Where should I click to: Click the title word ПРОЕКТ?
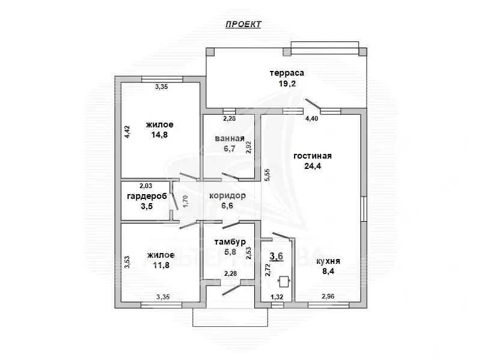244,24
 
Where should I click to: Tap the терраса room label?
287,73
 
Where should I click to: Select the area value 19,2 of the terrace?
287,84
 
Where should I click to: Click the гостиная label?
313,156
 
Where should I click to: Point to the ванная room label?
229,139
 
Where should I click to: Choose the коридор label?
227,196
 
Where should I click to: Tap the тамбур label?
228,242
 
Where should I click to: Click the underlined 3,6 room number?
277,256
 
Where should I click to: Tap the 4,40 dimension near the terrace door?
312,119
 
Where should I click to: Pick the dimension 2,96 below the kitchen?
328,296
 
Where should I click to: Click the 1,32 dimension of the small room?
277,296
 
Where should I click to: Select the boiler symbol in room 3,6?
284,279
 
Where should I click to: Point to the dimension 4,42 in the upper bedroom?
127,132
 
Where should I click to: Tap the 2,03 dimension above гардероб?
147,186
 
